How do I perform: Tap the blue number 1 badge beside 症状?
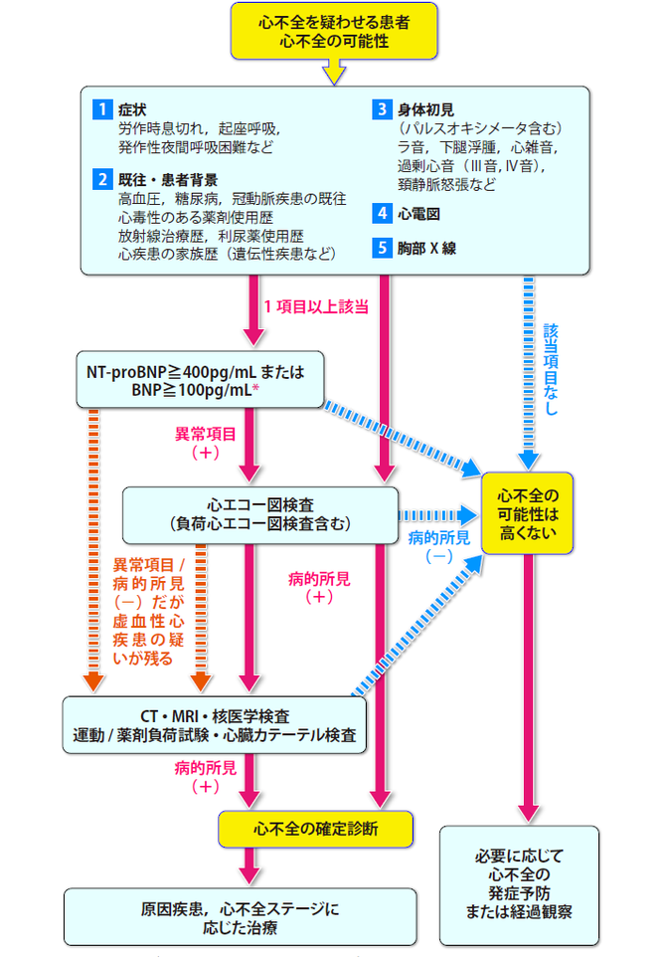pyautogui.click(x=101, y=107)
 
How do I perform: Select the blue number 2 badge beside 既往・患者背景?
pyautogui.click(x=101, y=179)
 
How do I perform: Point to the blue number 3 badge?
pyautogui.click(x=382, y=107)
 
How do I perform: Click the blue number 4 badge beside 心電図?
pyautogui.click(x=382, y=212)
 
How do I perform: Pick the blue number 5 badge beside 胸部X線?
pyautogui.click(x=382, y=248)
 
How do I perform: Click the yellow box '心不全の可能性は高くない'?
pyautogui.click(x=527, y=513)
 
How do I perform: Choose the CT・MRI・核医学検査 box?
pyautogui.click(x=215, y=725)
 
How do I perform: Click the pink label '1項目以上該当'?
pyautogui.click(x=316, y=306)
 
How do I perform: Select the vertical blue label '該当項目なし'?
pyautogui.click(x=552, y=367)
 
